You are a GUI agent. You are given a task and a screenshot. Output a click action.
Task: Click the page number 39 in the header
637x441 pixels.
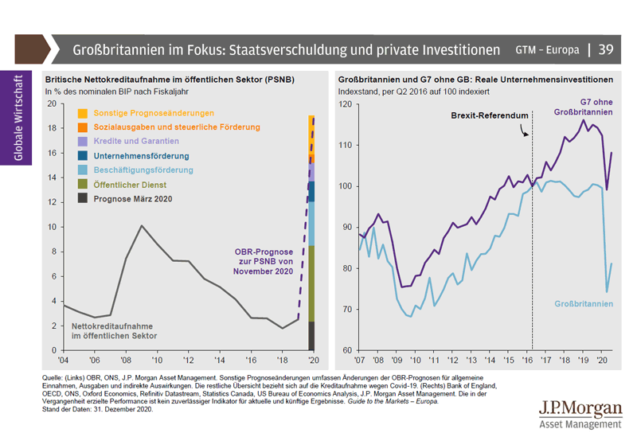[606, 49]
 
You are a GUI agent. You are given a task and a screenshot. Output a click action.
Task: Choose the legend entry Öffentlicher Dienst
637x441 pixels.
[125, 185]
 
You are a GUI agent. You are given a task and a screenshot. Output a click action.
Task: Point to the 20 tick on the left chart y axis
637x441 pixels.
[52, 103]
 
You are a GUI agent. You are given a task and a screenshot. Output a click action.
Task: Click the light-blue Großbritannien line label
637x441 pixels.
[584, 304]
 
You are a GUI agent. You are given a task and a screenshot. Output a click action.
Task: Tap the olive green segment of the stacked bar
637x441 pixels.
[311, 283]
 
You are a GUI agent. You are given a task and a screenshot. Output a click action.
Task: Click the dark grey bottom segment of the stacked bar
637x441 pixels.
[311, 336]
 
